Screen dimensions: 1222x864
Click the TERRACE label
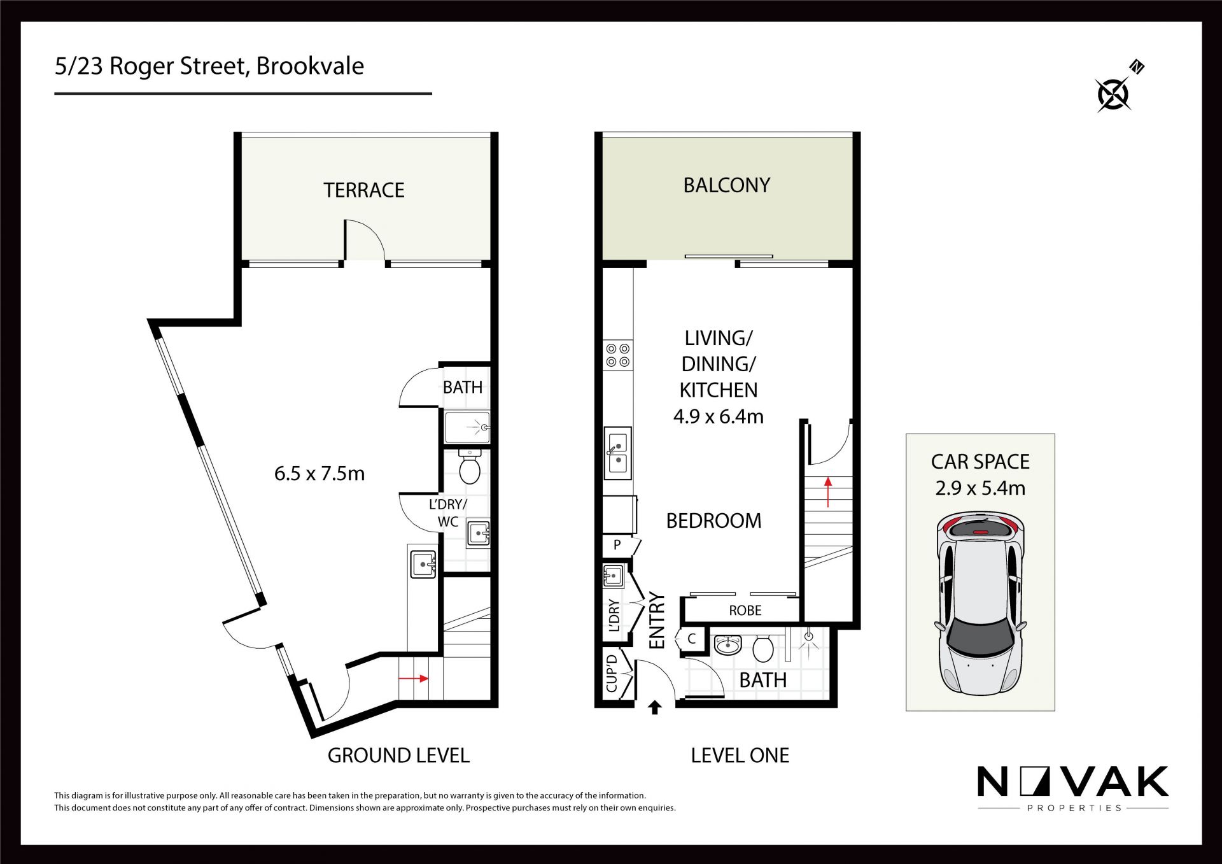[x=364, y=190]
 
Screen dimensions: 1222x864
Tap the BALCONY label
[x=727, y=185]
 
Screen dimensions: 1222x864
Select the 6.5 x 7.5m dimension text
[x=320, y=474]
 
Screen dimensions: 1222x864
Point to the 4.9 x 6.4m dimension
[x=719, y=416]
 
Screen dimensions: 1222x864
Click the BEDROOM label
[x=713, y=521]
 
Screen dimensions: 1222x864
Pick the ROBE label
[x=745, y=611]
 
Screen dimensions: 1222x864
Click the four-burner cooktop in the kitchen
[x=618, y=355]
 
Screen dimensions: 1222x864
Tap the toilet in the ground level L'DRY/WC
[x=470, y=467]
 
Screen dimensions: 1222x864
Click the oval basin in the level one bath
[x=727, y=646]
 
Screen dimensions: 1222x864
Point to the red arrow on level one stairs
[x=828, y=492]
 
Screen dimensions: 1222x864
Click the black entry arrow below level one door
[x=654, y=707]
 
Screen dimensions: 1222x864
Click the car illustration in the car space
[x=980, y=602]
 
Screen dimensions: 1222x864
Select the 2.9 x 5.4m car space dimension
[x=980, y=488]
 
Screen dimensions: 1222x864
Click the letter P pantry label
[x=617, y=545]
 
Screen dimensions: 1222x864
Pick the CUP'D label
[x=612, y=673]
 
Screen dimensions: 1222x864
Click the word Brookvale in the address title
[x=310, y=66]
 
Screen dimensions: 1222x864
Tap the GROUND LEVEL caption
[x=398, y=756]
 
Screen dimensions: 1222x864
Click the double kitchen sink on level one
[x=617, y=453]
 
